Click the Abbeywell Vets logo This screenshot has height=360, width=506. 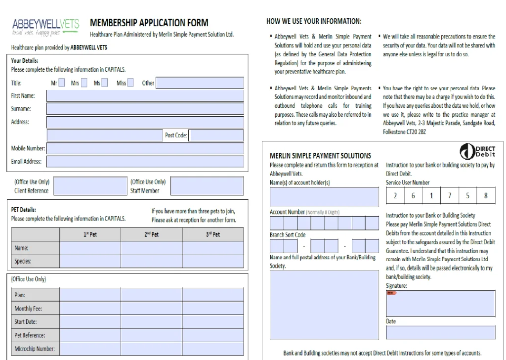tap(45, 27)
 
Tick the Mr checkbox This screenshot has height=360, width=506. tap(62, 83)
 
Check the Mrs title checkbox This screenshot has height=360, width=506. tap(84, 83)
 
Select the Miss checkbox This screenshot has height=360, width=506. tap(130, 83)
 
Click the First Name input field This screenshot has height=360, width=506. tap(145, 95)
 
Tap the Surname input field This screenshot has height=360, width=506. tap(145, 109)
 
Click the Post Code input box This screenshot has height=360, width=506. tap(216, 135)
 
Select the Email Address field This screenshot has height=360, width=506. tap(145, 161)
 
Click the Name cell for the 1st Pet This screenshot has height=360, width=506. tap(90, 248)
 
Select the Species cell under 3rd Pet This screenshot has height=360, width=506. tap(212, 261)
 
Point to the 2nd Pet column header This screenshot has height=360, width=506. tap(151, 234)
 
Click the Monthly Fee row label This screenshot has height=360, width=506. tap(29, 309)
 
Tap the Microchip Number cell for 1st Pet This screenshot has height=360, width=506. tap(90, 349)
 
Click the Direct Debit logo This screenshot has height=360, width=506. tap(477, 151)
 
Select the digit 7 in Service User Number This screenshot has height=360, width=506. tap(450, 196)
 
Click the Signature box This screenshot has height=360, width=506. tap(440, 303)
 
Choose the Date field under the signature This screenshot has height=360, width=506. tap(440, 332)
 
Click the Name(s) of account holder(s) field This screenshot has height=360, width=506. tap(324, 197)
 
